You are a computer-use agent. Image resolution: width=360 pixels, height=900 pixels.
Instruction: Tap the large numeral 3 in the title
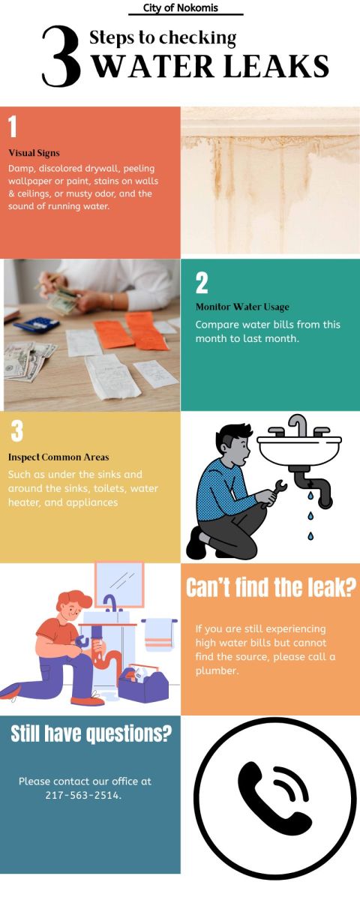point(61,57)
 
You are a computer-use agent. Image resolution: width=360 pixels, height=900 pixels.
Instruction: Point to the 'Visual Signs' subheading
point(34,153)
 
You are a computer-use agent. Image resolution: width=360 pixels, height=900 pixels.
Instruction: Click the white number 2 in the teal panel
point(202,283)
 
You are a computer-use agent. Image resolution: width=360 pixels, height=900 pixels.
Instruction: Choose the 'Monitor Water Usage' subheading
point(241,307)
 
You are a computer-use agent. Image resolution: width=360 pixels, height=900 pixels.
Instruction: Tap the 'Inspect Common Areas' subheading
point(58,457)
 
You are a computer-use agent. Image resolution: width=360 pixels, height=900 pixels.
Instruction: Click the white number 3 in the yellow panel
point(16,430)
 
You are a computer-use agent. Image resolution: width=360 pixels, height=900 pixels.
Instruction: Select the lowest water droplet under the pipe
point(310,535)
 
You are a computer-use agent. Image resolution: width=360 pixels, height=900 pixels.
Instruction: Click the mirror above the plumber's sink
point(119,584)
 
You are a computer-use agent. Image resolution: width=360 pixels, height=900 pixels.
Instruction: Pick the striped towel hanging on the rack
point(158,634)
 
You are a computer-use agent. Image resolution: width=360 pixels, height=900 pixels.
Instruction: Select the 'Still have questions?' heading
point(91,734)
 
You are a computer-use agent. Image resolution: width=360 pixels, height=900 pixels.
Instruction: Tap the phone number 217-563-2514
point(84,795)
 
